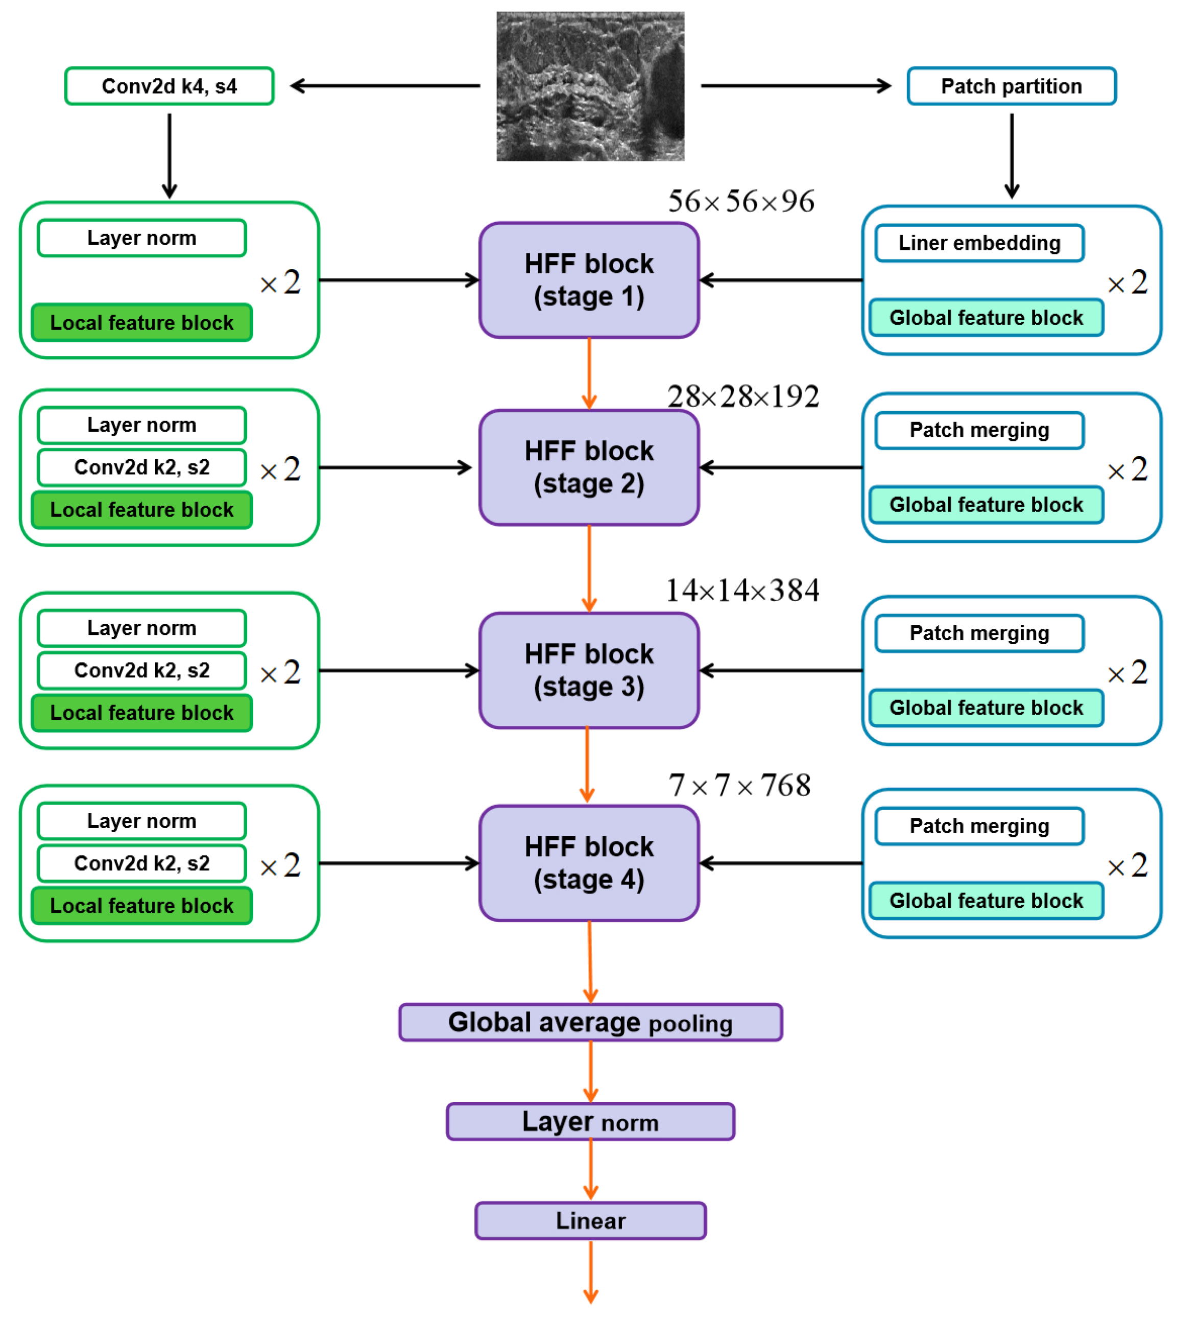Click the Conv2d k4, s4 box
point(169,86)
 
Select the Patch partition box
point(1011,86)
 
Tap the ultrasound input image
point(590,86)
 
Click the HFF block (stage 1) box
point(589,280)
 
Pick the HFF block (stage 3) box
point(589,670)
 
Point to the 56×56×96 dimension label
point(741,201)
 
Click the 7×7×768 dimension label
point(739,786)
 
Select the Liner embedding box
point(979,243)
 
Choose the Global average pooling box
point(590,1022)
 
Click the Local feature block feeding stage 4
point(142,905)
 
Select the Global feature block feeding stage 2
point(986,504)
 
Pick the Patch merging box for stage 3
point(979,632)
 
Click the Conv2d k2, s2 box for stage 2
point(142,467)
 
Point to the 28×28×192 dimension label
point(743,396)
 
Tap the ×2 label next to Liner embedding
point(1127,282)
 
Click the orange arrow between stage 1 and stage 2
point(589,373)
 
